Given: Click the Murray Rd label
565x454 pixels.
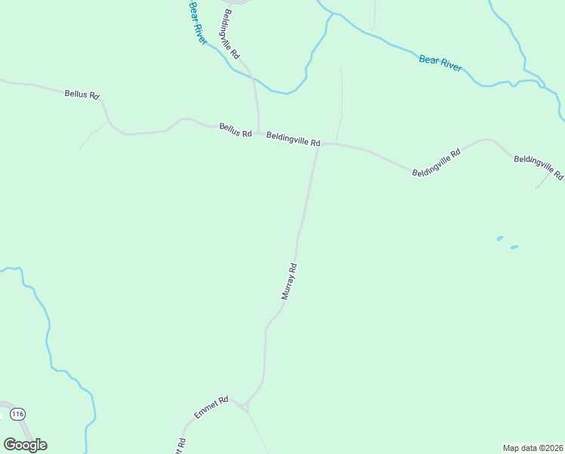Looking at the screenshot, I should pyautogui.click(x=289, y=281).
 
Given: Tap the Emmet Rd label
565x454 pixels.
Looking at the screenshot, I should pyautogui.click(x=211, y=408).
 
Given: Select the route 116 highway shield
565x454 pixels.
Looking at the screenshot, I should pyautogui.click(x=18, y=414).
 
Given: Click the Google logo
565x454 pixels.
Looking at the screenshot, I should pyautogui.click(x=25, y=445).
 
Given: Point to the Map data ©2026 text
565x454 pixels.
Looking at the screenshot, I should pyautogui.click(x=533, y=448).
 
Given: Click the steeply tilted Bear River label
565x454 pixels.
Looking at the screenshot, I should pyautogui.click(x=198, y=23).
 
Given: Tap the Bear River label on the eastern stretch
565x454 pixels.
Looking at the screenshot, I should pyautogui.click(x=440, y=63).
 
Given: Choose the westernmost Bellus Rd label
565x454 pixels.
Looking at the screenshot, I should pyautogui.click(x=82, y=95).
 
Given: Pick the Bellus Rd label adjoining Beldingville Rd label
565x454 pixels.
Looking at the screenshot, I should pyautogui.click(x=235, y=130).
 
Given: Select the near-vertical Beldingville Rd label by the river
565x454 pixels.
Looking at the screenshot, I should pyautogui.click(x=231, y=35).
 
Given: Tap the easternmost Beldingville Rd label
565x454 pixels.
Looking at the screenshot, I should pyautogui.click(x=538, y=167).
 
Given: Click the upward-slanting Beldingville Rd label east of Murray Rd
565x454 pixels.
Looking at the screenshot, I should pyautogui.click(x=436, y=163).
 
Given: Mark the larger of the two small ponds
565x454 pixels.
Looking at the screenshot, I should pyautogui.click(x=514, y=247).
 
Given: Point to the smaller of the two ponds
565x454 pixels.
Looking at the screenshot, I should pyautogui.click(x=499, y=238).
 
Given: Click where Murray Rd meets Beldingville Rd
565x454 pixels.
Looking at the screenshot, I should pyautogui.click(x=317, y=144).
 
